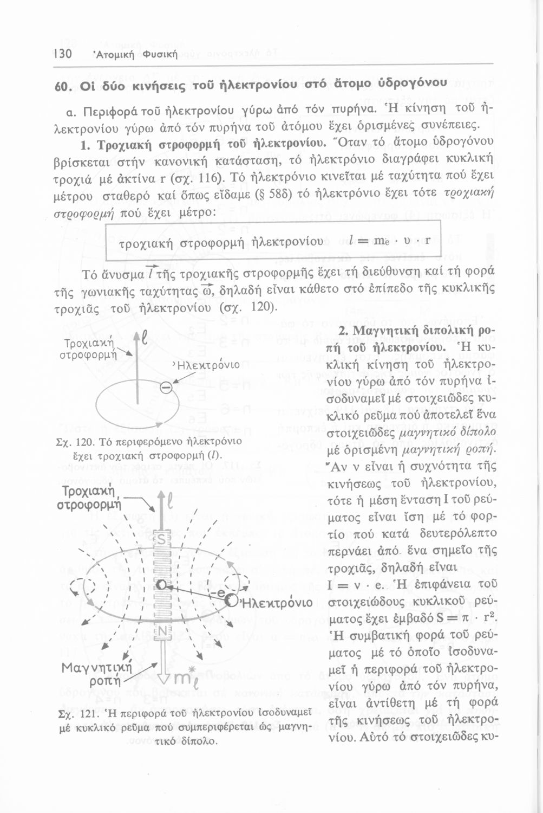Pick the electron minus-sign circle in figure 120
(166, 386)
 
